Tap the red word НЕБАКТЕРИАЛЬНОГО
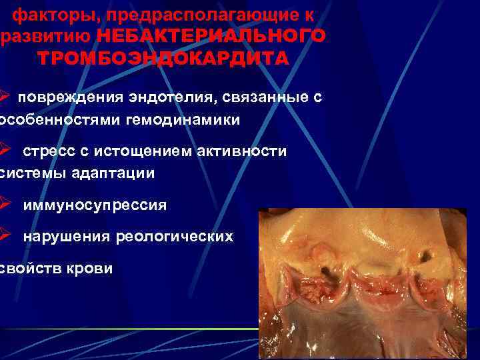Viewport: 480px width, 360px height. (x=211, y=35)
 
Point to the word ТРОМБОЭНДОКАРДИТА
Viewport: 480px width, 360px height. (x=163, y=58)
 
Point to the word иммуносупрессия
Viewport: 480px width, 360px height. (x=95, y=205)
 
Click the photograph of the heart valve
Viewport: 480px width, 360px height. (x=369, y=283)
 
